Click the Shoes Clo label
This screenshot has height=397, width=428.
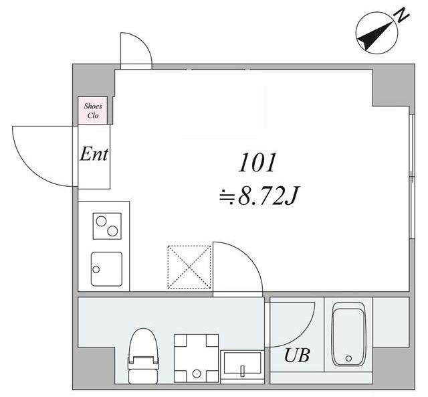click(x=93, y=110)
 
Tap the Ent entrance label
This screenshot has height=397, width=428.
click(x=94, y=154)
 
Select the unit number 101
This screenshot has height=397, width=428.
click(x=256, y=163)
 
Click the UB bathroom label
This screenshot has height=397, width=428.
click(x=297, y=355)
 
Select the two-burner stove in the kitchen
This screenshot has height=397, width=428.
click(x=107, y=226)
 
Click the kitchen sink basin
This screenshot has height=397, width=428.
click(x=106, y=269)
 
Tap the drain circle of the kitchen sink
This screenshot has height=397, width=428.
click(x=96, y=269)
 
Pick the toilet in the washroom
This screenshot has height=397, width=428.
click(x=143, y=355)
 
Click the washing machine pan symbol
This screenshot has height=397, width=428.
click(x=197, y=358)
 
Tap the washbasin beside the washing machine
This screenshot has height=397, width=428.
click(x=242, y=366)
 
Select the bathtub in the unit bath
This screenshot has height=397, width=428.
click(x=348, y=334)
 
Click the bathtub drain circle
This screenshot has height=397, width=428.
click(x=348, y=358)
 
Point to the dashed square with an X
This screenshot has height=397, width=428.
click(x=189, y=267)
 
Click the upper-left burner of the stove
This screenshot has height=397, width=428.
click(x=101, y=221)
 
